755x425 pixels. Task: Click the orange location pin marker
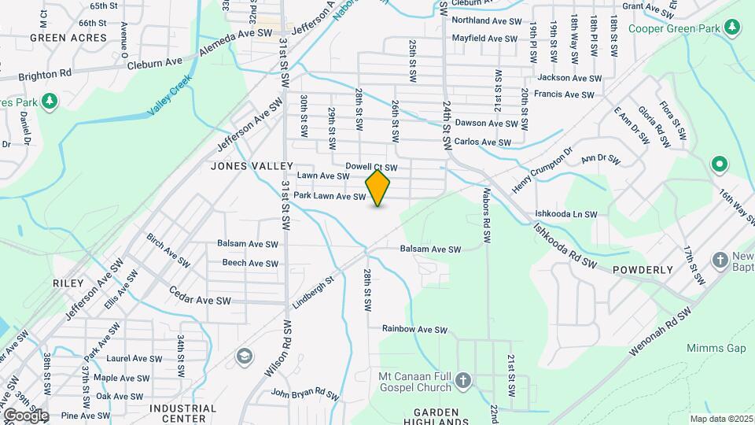pyautogui.click(x=377, y=188)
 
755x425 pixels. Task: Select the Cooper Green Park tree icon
pyautogui.click(x=733, y=28)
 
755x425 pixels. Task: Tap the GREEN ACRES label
pyautogui.click(x=57, y=37)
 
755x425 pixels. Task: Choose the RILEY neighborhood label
pyautogui.click(x=68, y=283)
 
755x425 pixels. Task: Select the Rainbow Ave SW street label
pyautogui.click(x=414, y=329)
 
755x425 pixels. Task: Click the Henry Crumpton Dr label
pyautogui.click(x=543, y=162)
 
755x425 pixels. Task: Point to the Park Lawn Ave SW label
pyautogui.click(x=330, y=196)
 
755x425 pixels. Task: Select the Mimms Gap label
pyautogui.click(x=714, y=348)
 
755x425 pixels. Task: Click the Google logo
pyautogui.click(x=25, y=415)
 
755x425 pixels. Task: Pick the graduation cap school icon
pyautogui.click(x=245, y=356)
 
